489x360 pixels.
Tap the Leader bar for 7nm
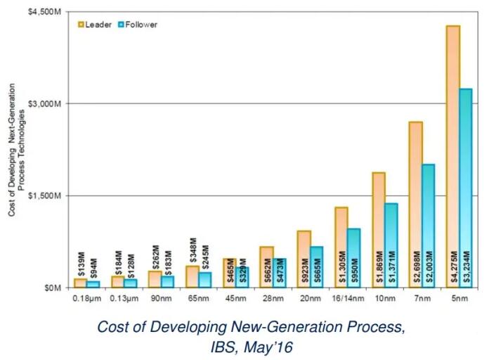click(416, 204)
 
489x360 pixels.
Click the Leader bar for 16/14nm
click(341, 247)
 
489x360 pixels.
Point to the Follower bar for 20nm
click(316, 266)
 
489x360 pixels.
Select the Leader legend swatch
click(81, 24)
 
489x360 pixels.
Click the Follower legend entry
click(139, 24)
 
